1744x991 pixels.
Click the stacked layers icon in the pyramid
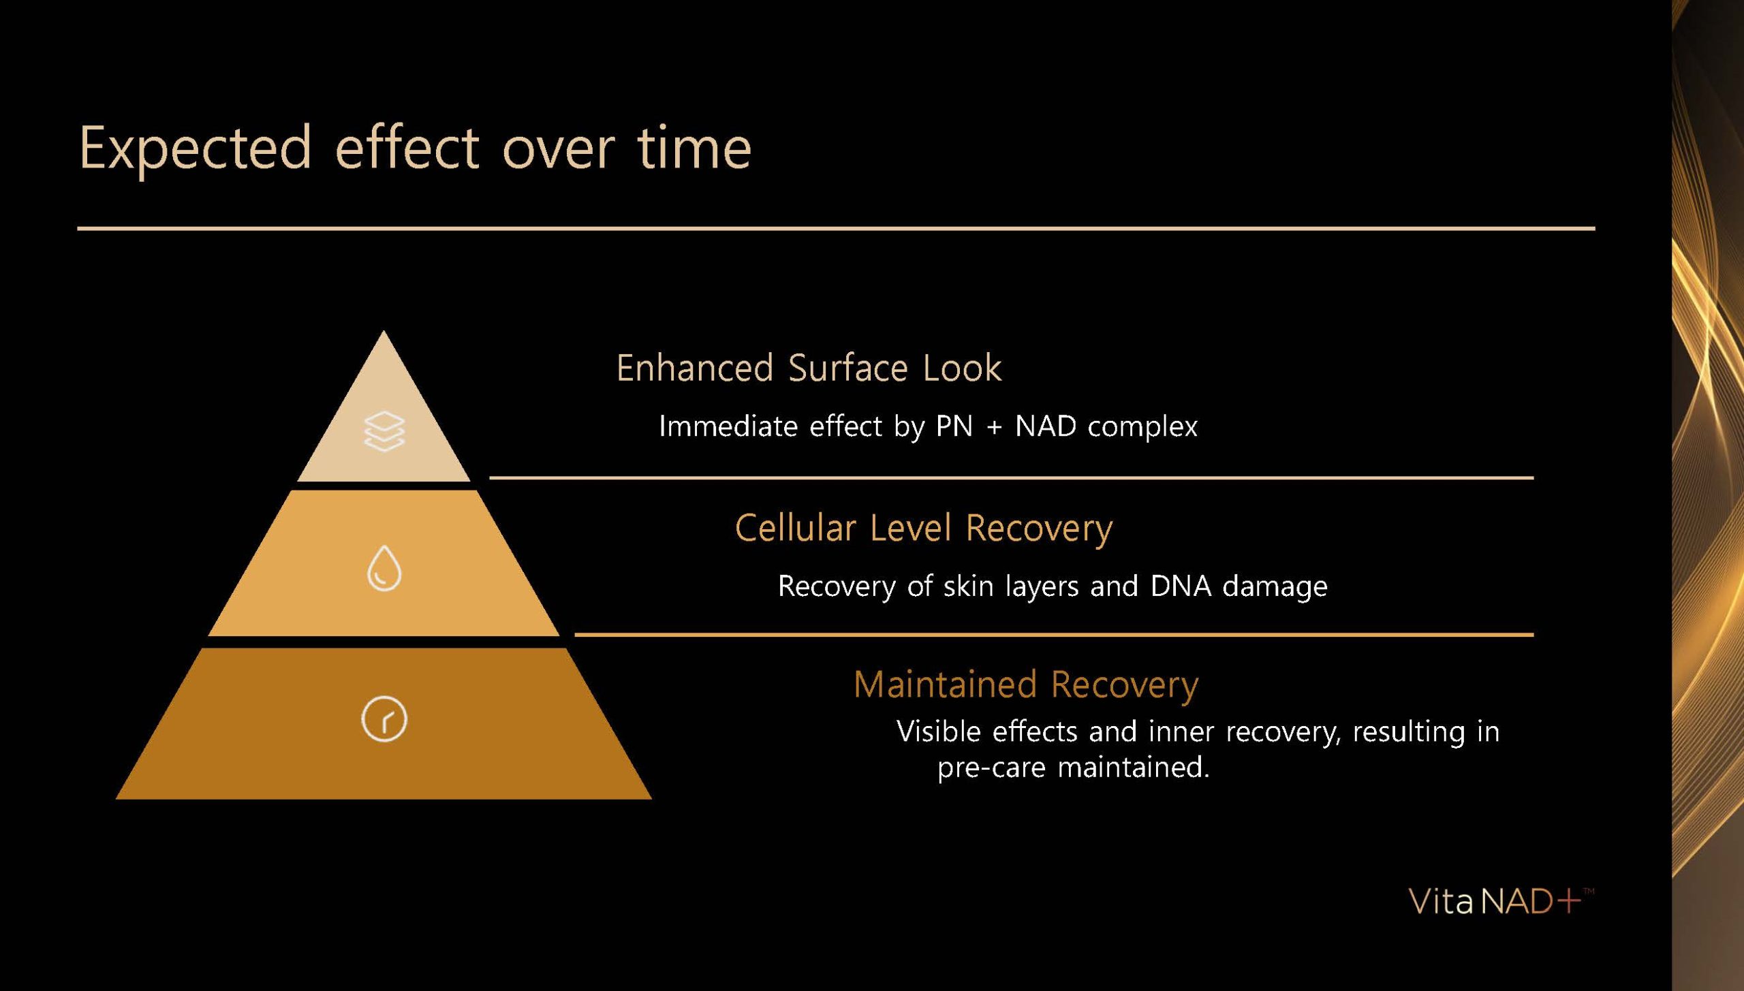tap(384, 431)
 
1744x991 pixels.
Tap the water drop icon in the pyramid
tap(384, 568)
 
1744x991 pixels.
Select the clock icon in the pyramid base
tap(384, 719)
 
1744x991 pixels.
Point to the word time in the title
tap(694, 148)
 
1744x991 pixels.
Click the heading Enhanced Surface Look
tap(809, 368)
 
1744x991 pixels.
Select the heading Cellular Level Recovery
tap(923, 529)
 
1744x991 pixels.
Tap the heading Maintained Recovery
tap(1025, 685)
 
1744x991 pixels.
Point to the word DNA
tap(1181, 586)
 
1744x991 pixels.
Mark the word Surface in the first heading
tap(847, 368)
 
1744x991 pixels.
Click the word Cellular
tap(795, 529)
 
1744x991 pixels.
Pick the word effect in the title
tap(407, 146)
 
